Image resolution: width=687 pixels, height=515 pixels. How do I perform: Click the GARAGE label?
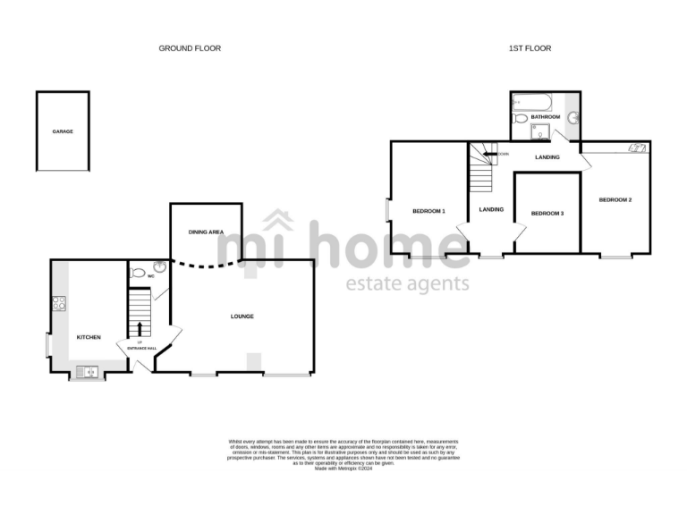63,131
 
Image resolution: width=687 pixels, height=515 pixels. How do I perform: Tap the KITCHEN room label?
89,337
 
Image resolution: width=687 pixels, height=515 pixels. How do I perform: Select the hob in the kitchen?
59,303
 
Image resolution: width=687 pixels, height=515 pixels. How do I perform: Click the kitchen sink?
89,371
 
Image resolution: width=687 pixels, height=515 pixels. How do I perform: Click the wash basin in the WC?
159,266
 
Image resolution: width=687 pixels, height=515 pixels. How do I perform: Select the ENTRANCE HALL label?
142,347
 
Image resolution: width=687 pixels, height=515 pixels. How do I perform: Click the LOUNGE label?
242,317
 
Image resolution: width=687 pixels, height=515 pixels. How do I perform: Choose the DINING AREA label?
205,232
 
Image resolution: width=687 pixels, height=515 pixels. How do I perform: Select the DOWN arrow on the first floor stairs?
488,155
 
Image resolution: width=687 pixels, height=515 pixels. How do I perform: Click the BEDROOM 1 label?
428,211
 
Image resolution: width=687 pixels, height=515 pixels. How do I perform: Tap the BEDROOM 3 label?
547,214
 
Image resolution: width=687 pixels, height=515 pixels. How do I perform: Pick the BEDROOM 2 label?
615,199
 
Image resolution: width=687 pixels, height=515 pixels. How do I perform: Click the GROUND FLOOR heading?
190,48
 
